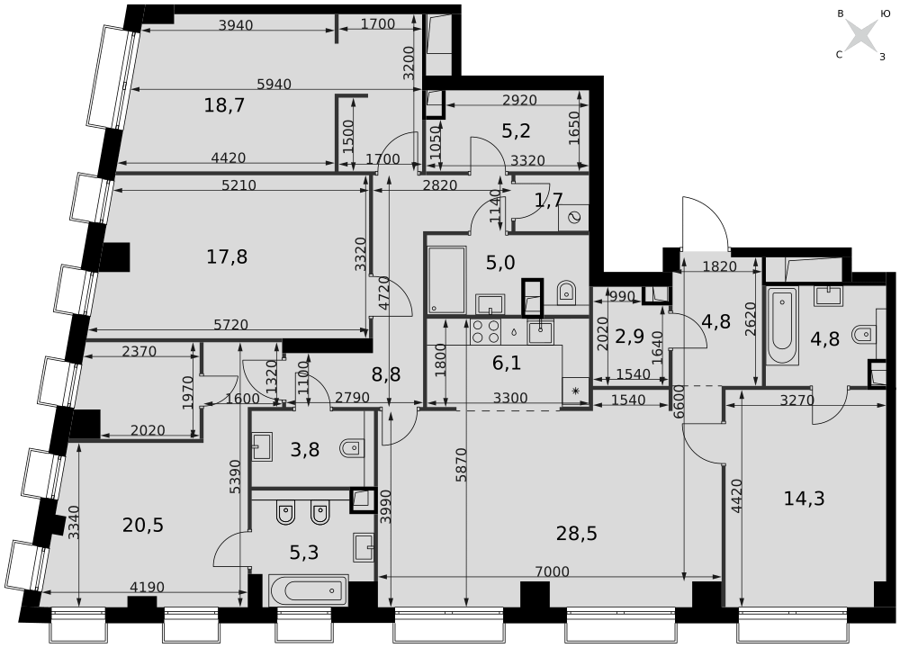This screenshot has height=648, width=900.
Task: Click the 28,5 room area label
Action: pyautogui.click(x=576, y=533)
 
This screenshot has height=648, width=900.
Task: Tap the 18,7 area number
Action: pyautogui.click(x=224, y=105)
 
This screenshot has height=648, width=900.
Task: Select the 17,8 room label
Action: pyautogui.click(x=227, y=256)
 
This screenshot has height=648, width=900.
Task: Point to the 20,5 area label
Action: pyautogui.click(x=143, y=525)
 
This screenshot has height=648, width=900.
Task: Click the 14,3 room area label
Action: pyautogui.click(x=804, y=499)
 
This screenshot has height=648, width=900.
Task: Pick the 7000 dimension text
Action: pyautogui.click(x=553, y=571)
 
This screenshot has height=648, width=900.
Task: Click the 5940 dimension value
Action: pyautogui.click(x=274, y=85)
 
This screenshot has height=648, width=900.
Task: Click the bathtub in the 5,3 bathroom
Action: pyautogui.click(x=308, y=589)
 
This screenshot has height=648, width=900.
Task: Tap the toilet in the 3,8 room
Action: pyautogui.click(x=351, y=447)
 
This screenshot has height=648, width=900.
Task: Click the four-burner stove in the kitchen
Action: pyautogui.click(x=486, y=331)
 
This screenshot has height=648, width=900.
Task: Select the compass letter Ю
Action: pyautogui.click(x=885, y=13)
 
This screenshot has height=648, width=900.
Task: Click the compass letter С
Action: pyautogui.click(x=839, y=55)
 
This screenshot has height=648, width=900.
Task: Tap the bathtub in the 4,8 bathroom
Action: pyautogui.click(x=782, y=326)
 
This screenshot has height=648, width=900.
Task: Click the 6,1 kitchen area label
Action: pyautogui.click(x=507, y=363)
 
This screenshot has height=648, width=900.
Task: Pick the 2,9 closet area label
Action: pyautogui.click(x=630, y=337)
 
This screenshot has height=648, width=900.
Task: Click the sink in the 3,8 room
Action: pyautogui.click(x=263, y=446)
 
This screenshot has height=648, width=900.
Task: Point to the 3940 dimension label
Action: pyautogui.click(x=236, y=25)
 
